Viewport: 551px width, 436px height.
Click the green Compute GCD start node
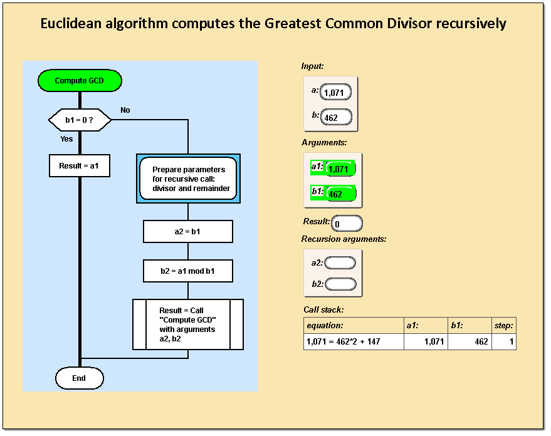coord(80,81)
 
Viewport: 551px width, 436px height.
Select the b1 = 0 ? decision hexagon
coord(80,119)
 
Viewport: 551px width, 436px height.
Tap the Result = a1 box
coord(80,166)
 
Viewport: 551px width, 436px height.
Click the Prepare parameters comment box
coord(188,179)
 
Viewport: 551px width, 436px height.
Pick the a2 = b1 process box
coord(188,232)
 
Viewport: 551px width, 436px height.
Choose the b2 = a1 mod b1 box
coord(188,271)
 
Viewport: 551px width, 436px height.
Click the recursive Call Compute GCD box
coord(188,324)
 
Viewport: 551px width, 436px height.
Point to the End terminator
coord(79,378)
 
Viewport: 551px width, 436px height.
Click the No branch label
coord(125,110)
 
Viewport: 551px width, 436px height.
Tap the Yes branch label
coord(66,139)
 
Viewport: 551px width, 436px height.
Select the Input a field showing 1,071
coord(336,93)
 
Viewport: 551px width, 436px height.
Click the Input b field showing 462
coord(336,117)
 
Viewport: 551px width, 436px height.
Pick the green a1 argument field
coord(340,169)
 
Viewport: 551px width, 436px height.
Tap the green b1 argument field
coord(340,194)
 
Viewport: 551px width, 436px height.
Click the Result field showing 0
coord(347,223)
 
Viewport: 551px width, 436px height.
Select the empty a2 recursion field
coord(340,262)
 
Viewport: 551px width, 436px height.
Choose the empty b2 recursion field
coord(340,284)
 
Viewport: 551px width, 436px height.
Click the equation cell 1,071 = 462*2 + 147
coord(354,342)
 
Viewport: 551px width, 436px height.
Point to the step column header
coord(503,326)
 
